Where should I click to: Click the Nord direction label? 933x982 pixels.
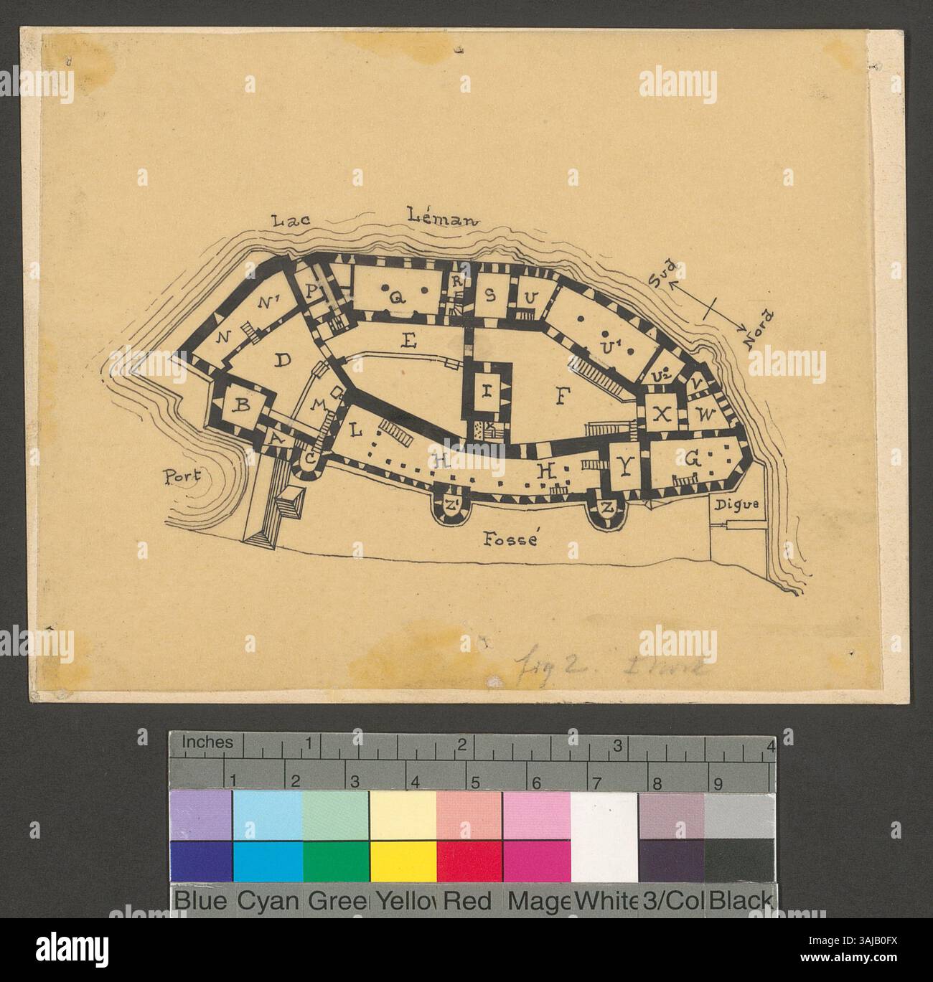[x=758, y=330]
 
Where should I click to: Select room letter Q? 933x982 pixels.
[x=394, y=296]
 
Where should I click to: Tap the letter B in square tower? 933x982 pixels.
[x=243, y=406]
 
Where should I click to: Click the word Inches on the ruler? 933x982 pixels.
[x=207, y=743]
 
